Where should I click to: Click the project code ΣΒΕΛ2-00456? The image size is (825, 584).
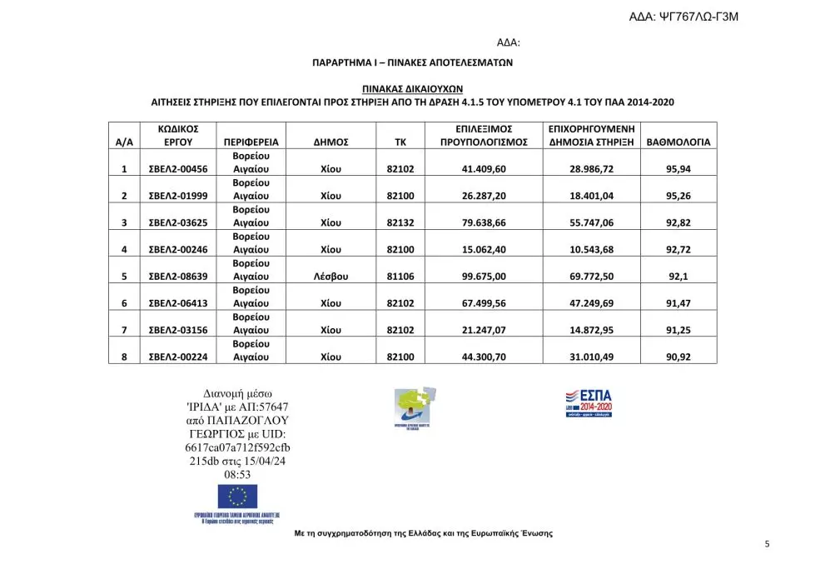pyautogui.click(x=177, y=169)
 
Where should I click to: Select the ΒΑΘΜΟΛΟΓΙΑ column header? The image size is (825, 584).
pyautogui.click(x=679, y=142)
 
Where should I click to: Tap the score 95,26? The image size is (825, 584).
pyautogui.click(x=679, y=196)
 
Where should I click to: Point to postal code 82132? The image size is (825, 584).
pyautogui.click(x=400, y=222)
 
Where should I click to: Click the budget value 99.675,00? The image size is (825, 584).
pyautogui.click(x=484, y=277)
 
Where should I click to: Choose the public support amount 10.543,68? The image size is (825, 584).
pyautogui.click(x=591, y=249)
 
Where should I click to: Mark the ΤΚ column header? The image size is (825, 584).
pyautogui.click(x=400, y=142)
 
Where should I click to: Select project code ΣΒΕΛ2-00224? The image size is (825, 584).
pyautogui.click(x=177, y=357)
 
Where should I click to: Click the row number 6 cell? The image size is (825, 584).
pyautogui.click(x=123, y=303)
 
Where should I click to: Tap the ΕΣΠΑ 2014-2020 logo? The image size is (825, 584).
pyautogui.click(x=589, y=402)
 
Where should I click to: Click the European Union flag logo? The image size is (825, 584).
pyautogui.click(x=236, y=497)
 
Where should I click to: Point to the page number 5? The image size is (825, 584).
pyautogui.click(x=767, y=544)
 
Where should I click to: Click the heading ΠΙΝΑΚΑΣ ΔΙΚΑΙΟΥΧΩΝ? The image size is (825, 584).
pyautogui.click(x=412, y=87)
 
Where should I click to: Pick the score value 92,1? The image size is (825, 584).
pyautogui.click(x=679, y=277)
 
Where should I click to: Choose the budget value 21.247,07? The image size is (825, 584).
pyautogui.click(x=484, y=330)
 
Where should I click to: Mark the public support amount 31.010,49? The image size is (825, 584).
pyautogui.click(x=591, y=357)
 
